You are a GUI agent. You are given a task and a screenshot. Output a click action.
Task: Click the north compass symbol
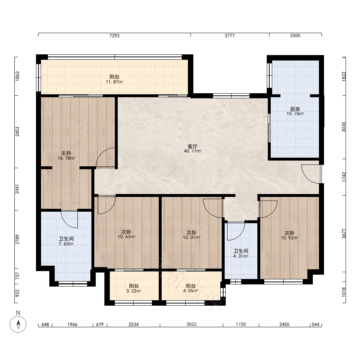18,324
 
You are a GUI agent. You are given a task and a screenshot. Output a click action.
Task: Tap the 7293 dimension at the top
114,36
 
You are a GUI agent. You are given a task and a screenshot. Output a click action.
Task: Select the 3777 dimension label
230,36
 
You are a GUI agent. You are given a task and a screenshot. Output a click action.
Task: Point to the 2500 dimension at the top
295,35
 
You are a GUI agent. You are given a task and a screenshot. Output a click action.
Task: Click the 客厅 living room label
192,147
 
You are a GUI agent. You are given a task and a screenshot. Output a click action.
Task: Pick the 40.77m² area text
192,151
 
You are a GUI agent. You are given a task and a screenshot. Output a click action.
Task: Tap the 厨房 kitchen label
295,109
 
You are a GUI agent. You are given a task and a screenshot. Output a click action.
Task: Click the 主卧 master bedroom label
66,153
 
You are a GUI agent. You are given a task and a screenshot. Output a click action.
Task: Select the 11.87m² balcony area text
114,82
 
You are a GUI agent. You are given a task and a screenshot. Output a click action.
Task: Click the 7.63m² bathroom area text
66,244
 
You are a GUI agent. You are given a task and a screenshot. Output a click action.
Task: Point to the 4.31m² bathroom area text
240,256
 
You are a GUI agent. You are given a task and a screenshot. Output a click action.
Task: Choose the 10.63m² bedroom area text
126,237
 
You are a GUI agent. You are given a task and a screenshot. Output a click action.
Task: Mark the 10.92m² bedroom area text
289,238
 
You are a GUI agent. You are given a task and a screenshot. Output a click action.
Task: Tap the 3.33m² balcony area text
134,291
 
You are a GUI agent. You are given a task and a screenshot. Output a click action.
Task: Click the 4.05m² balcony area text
190,291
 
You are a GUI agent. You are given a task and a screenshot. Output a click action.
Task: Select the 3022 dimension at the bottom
191,324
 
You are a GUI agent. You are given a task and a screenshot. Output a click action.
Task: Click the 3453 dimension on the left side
17,132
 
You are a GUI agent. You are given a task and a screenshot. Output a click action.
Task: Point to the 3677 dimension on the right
344,234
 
